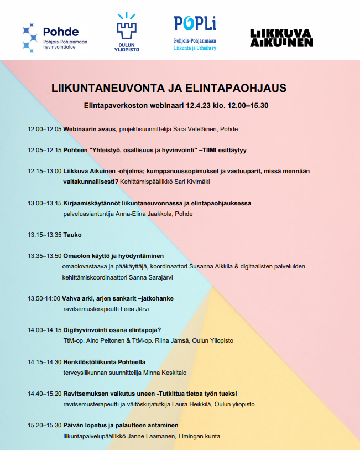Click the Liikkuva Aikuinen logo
pyautogui.click(x=281, y=38)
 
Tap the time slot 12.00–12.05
pyautogui.click(x=44, y=129)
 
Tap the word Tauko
pyautogui.click(x=72, y=235)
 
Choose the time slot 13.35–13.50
pyautogui.click(x=44, y=256)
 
